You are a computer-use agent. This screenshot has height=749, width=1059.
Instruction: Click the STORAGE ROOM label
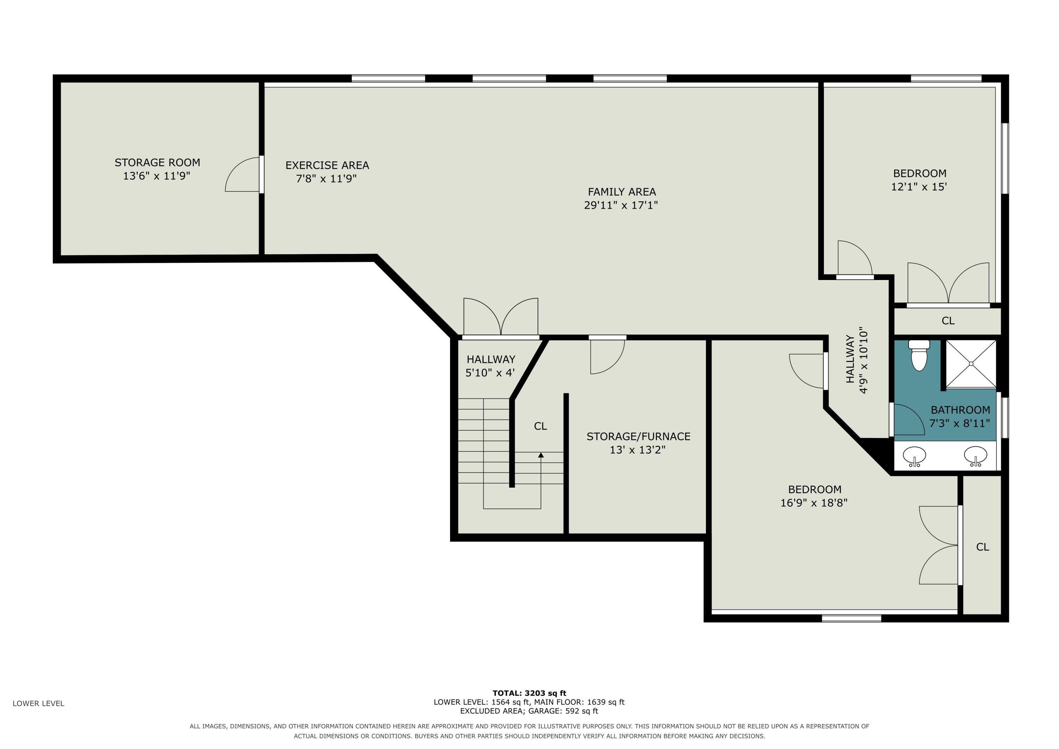[x=157, y=162]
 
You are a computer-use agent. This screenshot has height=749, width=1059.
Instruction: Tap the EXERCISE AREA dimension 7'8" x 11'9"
[x=327, y=179]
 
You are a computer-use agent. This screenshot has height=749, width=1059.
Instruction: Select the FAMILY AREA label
[x=622, y=191]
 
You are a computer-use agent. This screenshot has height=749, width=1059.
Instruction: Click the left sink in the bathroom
[x=914, y=456]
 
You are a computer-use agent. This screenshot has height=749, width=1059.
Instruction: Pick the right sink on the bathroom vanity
[x=976, y=456]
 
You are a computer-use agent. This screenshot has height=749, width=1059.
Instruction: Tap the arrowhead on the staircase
[x=541, y=455]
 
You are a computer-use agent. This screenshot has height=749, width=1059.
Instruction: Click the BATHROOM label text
[x=960, y=410]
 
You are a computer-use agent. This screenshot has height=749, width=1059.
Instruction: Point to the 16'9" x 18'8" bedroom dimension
[x=814, y=503]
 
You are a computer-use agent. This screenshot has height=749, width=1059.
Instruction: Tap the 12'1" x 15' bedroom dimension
[x=919, y=187]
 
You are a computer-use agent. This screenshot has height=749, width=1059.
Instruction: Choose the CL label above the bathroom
[x=948, y=321]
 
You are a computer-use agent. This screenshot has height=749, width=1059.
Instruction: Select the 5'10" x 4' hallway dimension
[x=490, y=373]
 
